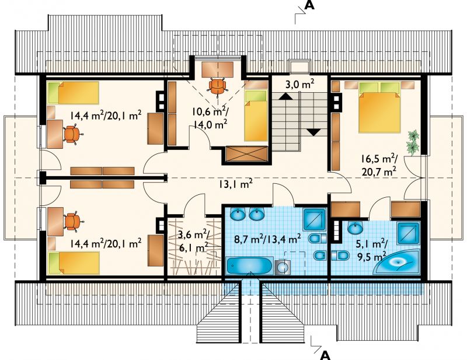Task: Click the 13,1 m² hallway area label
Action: coord(235,184)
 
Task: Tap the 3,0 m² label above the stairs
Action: coord(300,85)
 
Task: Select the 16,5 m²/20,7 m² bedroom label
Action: coord(378,165)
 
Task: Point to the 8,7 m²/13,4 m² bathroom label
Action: coord(267,239)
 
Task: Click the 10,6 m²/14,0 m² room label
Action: coord(210,118)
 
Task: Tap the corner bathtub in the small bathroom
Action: coord(396,262)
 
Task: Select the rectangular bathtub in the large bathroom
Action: coord(249,265)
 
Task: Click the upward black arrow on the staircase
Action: coord(285,96)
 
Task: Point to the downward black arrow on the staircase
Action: coord(313,132)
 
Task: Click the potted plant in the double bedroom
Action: coord(413,142)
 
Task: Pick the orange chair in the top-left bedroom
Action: coord(72,134)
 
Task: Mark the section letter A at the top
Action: coord(309,5)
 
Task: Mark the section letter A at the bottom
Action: coord(326,355)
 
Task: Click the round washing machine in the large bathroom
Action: coord(283,267)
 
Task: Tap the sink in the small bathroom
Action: coord(355,228)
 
